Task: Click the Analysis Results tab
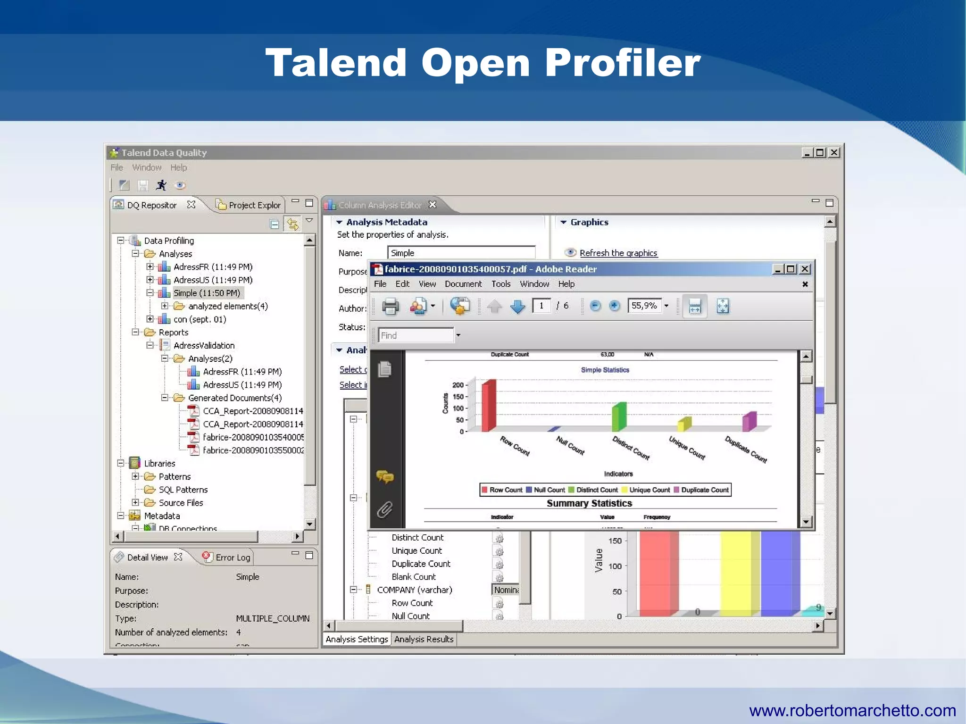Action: click(424, 639)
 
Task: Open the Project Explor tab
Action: click(254, 205)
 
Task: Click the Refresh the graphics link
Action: click(618, 253)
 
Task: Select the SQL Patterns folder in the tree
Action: click(183, 490)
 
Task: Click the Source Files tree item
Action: click(181, 503)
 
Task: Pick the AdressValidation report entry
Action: click(204, 345)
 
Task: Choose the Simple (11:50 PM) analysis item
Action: click(207, 293)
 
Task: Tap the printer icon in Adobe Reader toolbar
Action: click(390, 307)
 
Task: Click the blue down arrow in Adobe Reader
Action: click(517, 307)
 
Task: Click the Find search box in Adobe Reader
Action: click(416, 335)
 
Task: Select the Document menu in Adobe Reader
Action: click(463, 284)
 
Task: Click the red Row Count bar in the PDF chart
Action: click(489, 406)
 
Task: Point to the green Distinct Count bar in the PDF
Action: click(619, 417)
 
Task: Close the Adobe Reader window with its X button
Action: click(805, 269)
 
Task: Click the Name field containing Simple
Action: click(461, 253)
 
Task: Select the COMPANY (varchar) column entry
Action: click(414, 590)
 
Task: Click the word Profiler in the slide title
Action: click(623, 63)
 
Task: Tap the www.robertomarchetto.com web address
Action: click(852, 710)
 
